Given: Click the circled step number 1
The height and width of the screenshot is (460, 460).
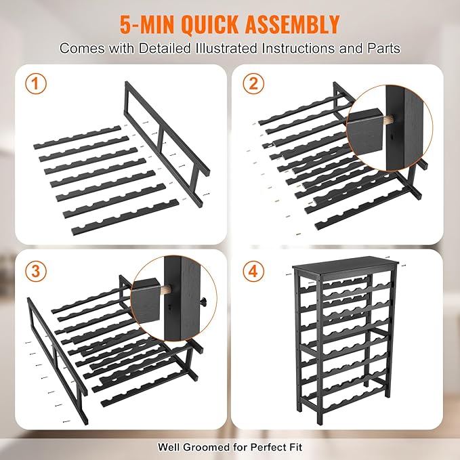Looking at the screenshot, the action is (x=36, y=83).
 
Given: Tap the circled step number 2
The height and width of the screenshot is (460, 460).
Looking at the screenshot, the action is (x=253, y=83).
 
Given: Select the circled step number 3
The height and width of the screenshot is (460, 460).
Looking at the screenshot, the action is (x=36, y=271).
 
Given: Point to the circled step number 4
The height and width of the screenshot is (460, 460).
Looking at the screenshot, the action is (x=253, y=271).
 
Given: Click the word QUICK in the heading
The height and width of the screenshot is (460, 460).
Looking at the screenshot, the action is (x=211, y=24).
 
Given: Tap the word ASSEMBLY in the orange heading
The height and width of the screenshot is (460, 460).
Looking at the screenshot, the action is (x=292, y=24).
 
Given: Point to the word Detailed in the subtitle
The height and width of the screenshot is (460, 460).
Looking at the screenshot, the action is (x=165, y=48).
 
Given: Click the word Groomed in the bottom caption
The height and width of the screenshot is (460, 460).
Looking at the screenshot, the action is (x=206, y=447).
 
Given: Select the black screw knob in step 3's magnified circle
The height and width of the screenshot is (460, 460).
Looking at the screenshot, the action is (x=203, y=300).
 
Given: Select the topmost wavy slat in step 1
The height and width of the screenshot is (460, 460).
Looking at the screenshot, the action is (x=77, y=138).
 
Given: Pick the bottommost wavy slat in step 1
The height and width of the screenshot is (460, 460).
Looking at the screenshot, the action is (x=125, y=217).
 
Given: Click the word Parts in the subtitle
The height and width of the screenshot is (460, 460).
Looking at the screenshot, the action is (x=384, y=48).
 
